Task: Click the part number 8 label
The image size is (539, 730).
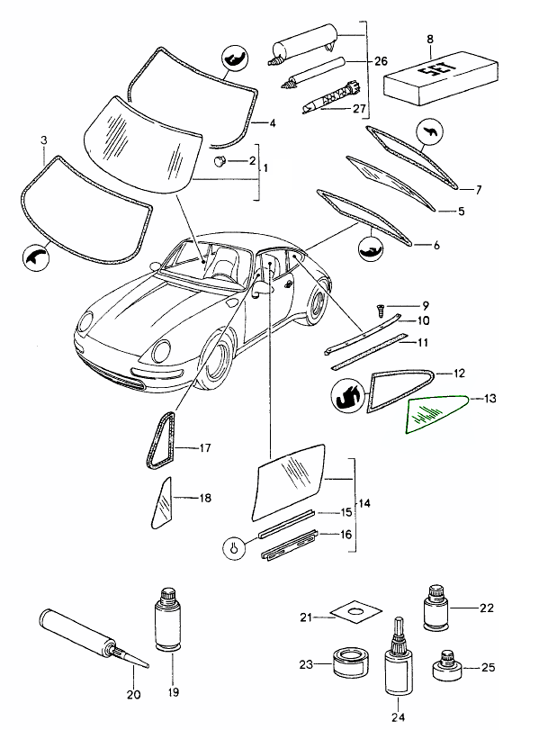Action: (430, 39)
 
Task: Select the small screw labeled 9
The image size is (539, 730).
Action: (382, 309)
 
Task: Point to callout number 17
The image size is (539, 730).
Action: (205, 447)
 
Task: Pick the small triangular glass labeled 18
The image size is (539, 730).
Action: (161, 500)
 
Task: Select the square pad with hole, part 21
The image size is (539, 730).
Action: (350, 615)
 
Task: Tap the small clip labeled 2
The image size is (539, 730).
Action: (219, 161)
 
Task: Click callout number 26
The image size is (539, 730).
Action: (381, 60)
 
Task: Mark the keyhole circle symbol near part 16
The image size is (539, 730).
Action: (232, 545)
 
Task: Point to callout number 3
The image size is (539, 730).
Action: (43, 140)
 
